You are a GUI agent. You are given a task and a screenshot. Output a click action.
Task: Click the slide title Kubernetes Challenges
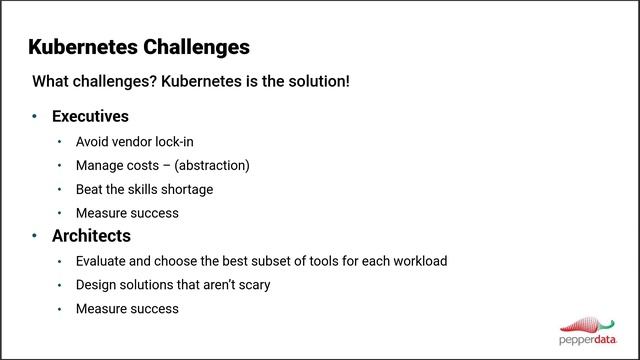(139, 47)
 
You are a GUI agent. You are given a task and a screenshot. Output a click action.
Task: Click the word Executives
(90, 117)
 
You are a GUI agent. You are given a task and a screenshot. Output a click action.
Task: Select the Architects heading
(91, 237)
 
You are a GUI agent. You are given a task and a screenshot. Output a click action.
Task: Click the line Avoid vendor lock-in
(134, 141)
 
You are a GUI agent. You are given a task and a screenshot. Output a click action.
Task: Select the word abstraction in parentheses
(209, 165)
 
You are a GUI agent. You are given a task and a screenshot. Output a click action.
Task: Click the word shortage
(185, 189)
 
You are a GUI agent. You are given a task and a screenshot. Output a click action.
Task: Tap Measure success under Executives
(127, 213)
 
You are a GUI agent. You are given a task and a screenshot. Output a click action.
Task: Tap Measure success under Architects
(127, 309)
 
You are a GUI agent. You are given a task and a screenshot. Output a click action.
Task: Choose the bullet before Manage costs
(60, 165)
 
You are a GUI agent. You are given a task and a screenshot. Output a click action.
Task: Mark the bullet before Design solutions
(60, 285)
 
